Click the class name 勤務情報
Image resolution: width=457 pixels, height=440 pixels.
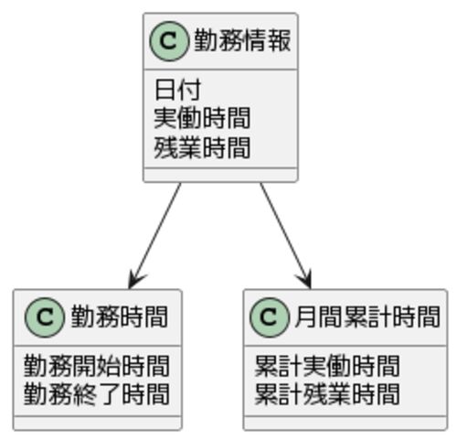242,40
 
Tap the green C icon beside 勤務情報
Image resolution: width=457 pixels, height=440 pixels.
168,41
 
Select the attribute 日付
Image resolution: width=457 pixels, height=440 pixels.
178,90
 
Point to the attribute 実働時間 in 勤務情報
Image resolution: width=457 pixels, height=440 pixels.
202,118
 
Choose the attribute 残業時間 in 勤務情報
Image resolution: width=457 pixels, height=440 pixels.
202,147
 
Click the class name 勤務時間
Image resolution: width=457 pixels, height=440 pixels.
120,317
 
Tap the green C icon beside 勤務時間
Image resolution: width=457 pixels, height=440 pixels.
45,317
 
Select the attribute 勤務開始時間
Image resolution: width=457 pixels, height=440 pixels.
96,366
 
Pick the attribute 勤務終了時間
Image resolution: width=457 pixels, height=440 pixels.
96,394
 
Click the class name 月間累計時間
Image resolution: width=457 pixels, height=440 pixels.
367,317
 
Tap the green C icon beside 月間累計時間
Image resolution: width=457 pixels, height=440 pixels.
269,317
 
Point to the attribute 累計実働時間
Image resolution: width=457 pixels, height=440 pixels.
327,366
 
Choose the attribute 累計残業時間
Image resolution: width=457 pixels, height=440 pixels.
327,394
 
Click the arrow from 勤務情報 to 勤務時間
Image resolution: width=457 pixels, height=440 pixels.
154,235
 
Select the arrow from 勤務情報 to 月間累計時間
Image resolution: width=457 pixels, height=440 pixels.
285,235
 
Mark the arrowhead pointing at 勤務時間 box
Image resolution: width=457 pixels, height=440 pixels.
135,280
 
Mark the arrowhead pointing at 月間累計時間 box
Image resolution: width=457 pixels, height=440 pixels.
305,279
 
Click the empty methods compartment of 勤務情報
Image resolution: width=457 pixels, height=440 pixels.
220,175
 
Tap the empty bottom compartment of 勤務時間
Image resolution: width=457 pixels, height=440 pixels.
98,423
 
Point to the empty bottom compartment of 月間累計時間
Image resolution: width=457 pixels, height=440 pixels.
345,423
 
